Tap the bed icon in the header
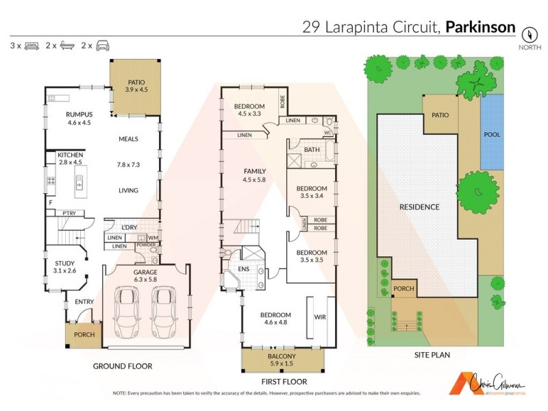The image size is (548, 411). click(31, 46)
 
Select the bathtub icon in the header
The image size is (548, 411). click(67, 46)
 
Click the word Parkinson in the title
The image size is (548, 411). click(480, 27)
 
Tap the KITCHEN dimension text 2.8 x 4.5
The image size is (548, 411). click(71, 163)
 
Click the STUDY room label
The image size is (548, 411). click(64, 262)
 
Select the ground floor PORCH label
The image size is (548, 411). click(84, 335)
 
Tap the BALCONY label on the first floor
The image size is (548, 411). click(282, 357)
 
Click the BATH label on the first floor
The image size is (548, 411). click(312, 149)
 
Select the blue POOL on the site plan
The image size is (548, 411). click(492, 134)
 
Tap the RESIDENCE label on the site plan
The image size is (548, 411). click(420, 207)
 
